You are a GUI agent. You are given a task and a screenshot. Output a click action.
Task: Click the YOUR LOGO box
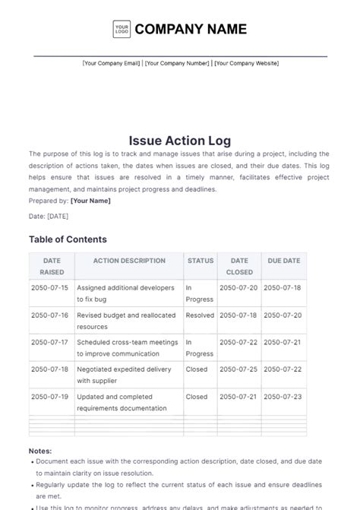click(x=122, y=30)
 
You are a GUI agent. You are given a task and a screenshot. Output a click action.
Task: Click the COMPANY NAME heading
click(x=191, y=30)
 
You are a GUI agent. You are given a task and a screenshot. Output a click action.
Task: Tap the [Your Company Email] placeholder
click(x=111, y=63)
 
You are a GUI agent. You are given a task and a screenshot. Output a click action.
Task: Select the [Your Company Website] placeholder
click(x=246, y=63)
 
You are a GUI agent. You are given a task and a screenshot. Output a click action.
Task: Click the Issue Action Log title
click(x=180, y=141)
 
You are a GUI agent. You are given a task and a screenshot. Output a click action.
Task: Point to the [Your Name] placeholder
click(x=90, y=201)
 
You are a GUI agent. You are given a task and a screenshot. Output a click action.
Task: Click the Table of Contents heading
click(x=68, y=239)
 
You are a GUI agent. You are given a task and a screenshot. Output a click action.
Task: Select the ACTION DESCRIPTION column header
click(x=129, y=261)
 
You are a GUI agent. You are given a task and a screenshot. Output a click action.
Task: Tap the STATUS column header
click(x=201, y=261)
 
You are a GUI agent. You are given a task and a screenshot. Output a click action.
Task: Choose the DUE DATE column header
click(x=284, y=261)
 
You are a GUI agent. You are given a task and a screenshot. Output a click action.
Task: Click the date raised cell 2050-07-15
click(x=50, y=288)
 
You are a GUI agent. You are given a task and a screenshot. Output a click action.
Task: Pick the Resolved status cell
click(x=200, y=315)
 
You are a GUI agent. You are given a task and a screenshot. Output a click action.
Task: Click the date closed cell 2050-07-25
click(x=238, y=369)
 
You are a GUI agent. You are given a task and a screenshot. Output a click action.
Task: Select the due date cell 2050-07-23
click(x=283, y=396)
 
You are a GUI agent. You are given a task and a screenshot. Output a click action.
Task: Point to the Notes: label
click(x=41, y=451)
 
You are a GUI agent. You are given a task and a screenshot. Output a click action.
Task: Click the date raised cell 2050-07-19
click(x=50, y=396)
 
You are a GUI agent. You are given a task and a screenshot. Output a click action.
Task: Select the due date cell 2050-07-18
click(x=283, y=288)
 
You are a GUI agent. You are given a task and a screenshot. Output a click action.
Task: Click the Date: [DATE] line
click(x=49, y=217)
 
